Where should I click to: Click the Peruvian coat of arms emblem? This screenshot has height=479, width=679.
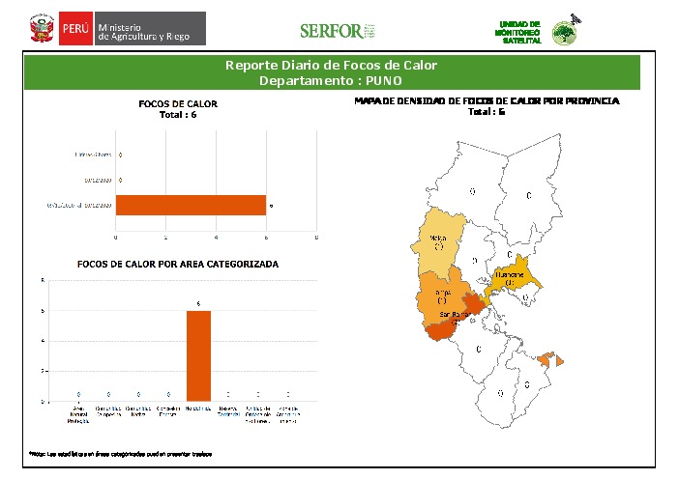point(41,29)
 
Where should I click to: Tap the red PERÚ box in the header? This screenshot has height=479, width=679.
point(75,29)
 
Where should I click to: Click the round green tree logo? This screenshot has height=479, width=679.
point(564,33)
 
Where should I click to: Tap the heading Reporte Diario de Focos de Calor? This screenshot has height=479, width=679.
point(331,66)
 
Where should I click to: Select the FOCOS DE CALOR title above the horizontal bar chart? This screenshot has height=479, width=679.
point(178,103)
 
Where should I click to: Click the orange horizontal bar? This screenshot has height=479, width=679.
point(191,205)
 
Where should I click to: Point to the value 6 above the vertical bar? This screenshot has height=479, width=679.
point(198,304)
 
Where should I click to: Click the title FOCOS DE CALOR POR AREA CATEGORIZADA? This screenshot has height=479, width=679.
point(177,264)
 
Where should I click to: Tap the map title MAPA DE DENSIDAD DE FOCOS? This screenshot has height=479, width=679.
point(487,100)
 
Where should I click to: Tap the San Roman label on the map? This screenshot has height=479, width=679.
point(455,315)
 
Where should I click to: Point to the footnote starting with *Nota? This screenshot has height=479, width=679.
point(116,453)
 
